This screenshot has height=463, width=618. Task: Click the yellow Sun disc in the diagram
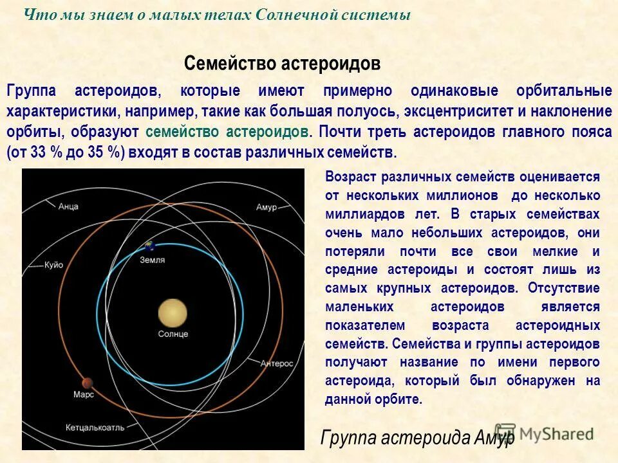(x=173, y=313)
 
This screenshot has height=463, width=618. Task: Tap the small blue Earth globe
(x=150, y=246)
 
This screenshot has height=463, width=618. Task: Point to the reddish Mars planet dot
(x=84, y=382)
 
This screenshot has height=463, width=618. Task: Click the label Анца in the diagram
(x=68, y=206)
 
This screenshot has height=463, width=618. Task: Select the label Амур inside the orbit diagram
(x=266, y=207)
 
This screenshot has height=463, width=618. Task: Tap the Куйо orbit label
(x=53, y=264)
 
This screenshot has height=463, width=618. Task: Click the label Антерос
(x=277, y=363)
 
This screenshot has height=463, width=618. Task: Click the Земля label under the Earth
(x=153, y=260)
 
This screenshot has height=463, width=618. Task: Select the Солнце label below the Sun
(x=173, y=334)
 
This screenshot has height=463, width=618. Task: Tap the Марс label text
(x=84, y=394)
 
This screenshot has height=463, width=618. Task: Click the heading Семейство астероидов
(x=282, y=63)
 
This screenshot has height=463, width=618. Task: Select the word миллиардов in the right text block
(x=360, y=214)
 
